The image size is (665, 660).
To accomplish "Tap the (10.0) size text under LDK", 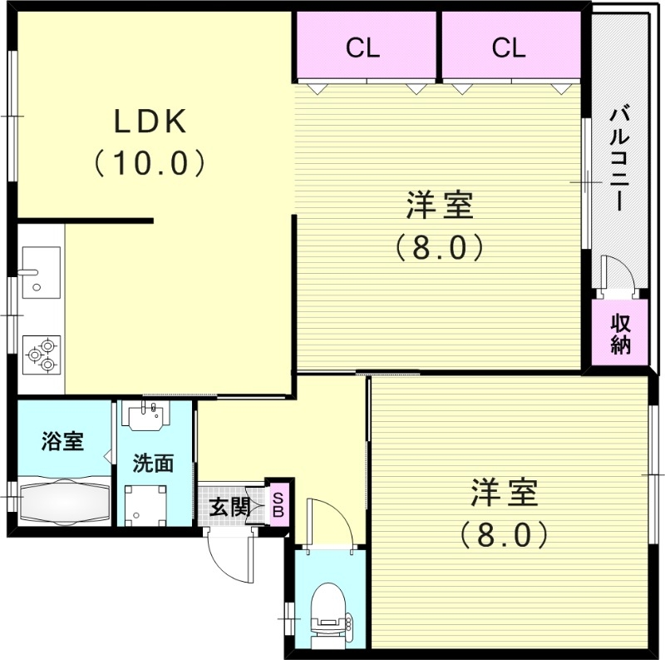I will (x=150, y=162).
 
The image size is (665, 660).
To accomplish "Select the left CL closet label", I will (x=363, y=48).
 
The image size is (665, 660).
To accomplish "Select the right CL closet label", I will (x=509, y=48).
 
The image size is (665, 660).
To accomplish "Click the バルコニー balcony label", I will (x=618, y=157).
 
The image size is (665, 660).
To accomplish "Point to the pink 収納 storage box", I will (x=620, y=334).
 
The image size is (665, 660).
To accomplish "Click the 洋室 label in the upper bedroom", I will (x=440, y=205).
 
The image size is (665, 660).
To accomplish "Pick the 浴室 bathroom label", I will (x=63, y=441).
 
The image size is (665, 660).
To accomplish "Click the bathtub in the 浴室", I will (x=64, y=501).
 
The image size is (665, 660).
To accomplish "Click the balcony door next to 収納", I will (x=617, y=276).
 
